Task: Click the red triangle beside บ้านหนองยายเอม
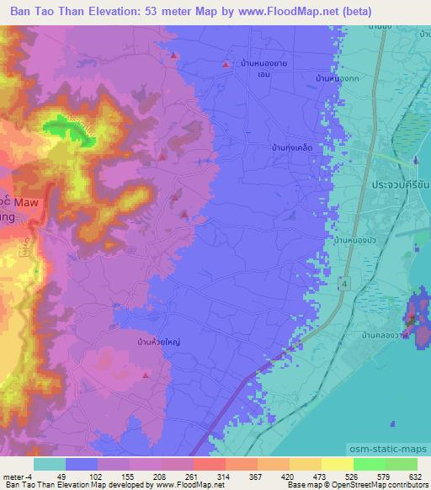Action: click(x=225, y=64)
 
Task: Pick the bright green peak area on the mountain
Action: click(x=62, y=129)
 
